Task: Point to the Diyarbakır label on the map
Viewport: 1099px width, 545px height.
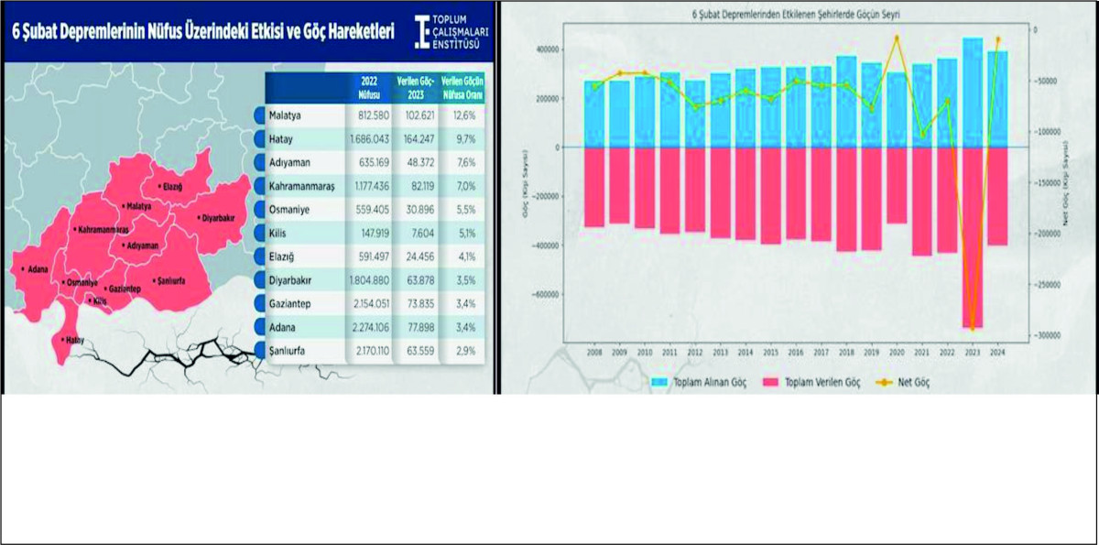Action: pos(217,218)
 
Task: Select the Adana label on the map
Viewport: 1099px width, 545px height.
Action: pos(37,270)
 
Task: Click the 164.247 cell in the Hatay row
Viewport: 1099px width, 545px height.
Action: pos(415,139)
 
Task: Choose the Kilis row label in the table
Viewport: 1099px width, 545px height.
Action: pos(278,233)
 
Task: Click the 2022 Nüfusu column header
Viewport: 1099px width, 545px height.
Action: pos(369,87)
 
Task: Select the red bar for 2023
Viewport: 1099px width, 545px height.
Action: pos(972,237)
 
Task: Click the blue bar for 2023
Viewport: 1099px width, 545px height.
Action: pos(972,93)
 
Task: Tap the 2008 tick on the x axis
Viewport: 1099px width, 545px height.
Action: pos(594,351)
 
